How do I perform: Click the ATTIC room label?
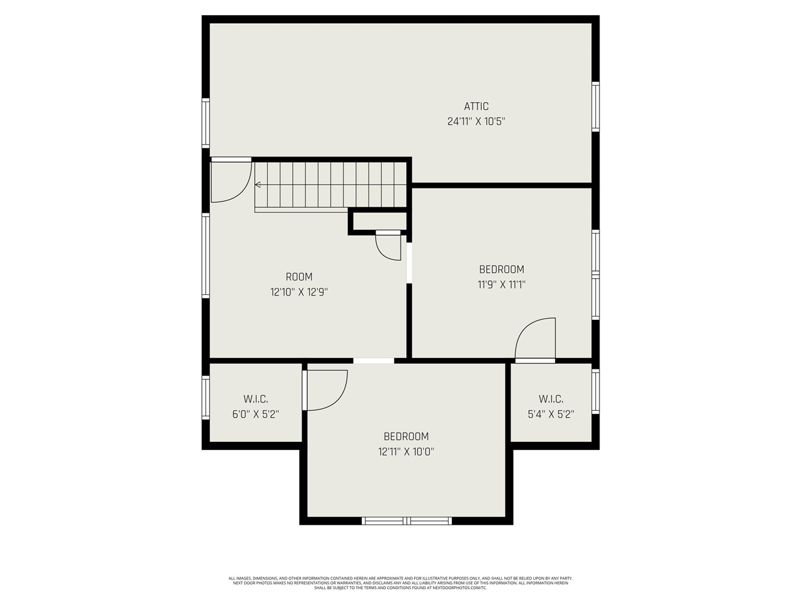click(x=476, y=106)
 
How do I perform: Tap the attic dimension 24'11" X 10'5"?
click(x=476, y=121)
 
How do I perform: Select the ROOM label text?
click(x=298, y=277)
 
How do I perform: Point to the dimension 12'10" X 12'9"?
click(x=298, y=292)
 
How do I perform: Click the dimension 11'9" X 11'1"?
click(x=501, y=285)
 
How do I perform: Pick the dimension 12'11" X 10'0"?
click(x=406, y=452)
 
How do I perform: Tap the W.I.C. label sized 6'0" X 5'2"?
click(x=255, y=399)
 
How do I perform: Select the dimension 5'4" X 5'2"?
click(x=551, y=414)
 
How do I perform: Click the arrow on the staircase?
click(x=258, y=185)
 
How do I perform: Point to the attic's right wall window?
click(x=596, y=106)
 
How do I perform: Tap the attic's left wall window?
click(x=205, y=123)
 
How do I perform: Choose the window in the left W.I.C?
click(x=205, y=397)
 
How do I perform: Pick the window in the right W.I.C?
click(x=596, y=392)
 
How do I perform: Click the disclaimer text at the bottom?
click(x=400, y=583)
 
